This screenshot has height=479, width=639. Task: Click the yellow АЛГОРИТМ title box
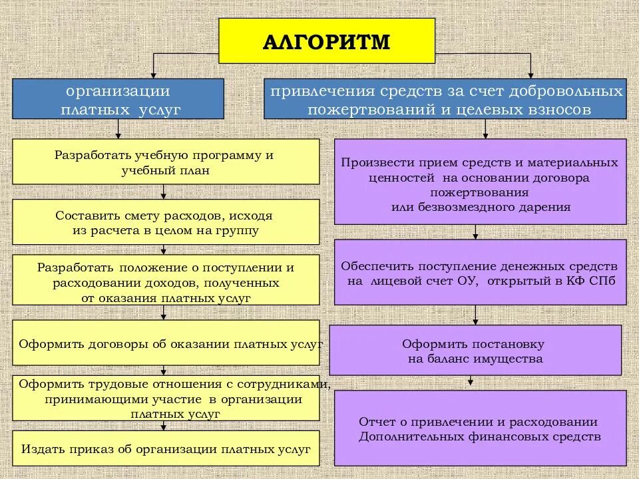tap(327, 41)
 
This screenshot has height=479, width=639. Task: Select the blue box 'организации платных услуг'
tap(118, 99)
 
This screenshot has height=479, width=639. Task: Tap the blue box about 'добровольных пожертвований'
tap(445, 99)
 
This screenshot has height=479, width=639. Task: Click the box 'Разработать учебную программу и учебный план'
tap(165, 162)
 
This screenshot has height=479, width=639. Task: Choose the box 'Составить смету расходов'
tap(165, 223)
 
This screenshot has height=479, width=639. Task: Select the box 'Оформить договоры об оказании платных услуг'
tap(165, 343)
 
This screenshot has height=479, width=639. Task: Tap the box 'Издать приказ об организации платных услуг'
tap(165, 448)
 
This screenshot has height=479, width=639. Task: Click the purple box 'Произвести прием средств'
tap(480, 182)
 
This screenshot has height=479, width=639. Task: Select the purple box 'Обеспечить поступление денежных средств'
tap(480, 272)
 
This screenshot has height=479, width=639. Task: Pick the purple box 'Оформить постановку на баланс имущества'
tap(475, 351)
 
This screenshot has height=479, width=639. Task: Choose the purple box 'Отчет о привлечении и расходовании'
tap(480, 428)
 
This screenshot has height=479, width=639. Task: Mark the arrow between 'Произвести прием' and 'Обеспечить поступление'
tap(475, 233)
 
